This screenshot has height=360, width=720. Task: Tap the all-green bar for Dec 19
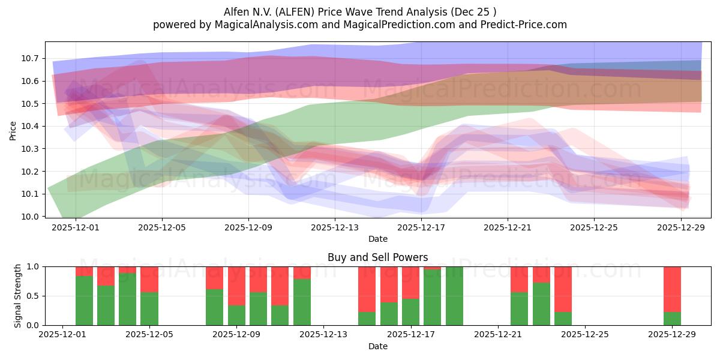(454, 296)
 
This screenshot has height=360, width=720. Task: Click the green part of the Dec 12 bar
(302, 302)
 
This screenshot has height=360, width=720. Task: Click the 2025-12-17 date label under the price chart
(421, 227)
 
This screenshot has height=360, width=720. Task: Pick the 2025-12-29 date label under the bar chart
(672, 335)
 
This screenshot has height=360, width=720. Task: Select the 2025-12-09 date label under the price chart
(248, 227)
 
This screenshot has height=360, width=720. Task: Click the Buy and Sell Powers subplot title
(377, 257)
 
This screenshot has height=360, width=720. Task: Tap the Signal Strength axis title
(18, 296)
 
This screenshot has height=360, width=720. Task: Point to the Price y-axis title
(13, 130)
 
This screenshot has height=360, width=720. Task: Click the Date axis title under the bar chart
(377, 346)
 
